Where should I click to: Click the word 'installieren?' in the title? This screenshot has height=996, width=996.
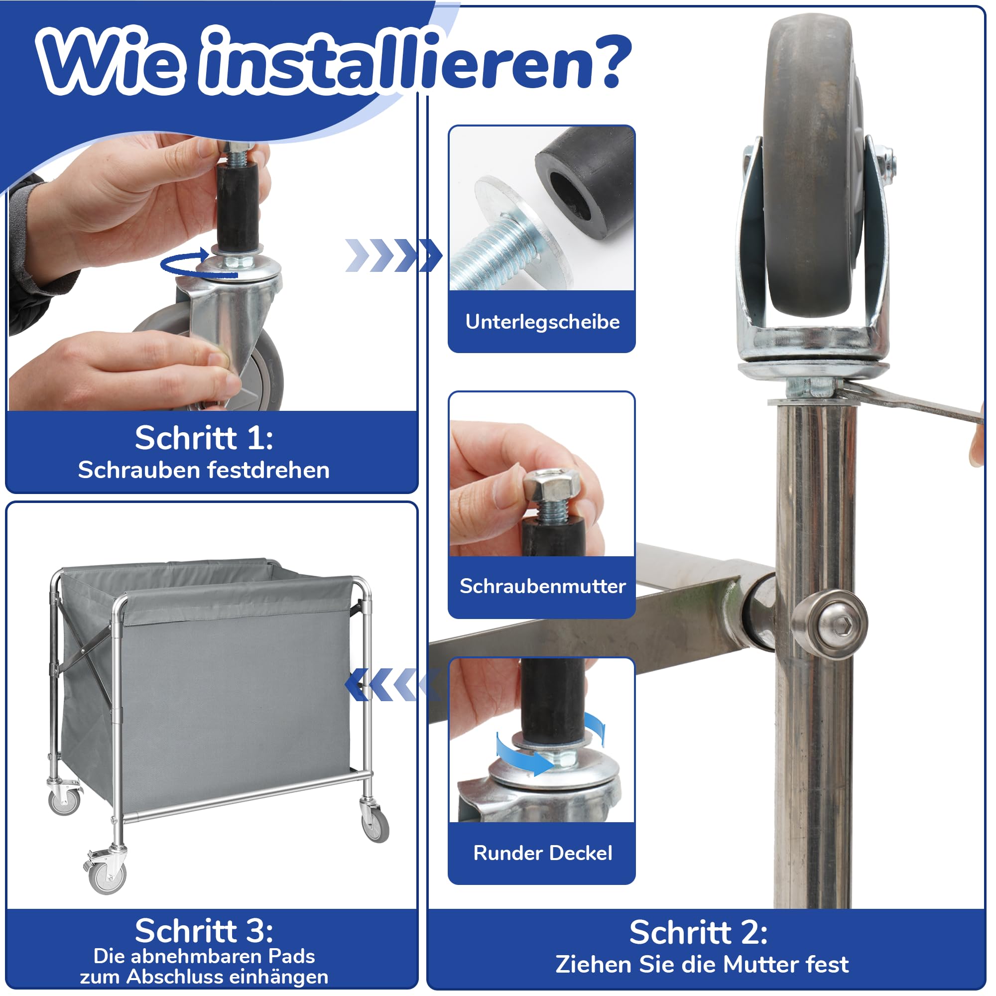(x=418, y=61)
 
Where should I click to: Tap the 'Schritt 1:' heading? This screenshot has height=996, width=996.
(x=204, y=438)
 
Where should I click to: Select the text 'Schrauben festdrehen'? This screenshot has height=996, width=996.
(x=204, y=470)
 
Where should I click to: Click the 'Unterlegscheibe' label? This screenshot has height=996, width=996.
(x=542, y=322)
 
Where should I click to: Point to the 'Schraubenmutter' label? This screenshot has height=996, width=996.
(x=542, y=586)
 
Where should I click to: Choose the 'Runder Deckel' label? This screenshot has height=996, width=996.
(x=542, y=853)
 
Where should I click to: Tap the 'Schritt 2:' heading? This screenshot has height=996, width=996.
(x=699, y=933)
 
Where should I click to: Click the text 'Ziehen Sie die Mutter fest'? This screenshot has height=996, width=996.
(x=702, y=965)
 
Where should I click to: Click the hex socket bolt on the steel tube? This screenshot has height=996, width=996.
(x=829, y=625)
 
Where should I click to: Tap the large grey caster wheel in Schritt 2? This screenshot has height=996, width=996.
(x=810, y=165)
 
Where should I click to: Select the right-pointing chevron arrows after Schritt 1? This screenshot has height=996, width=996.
(x=393, y=255)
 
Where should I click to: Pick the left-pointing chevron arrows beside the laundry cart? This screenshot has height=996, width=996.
(x=393, y=684)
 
